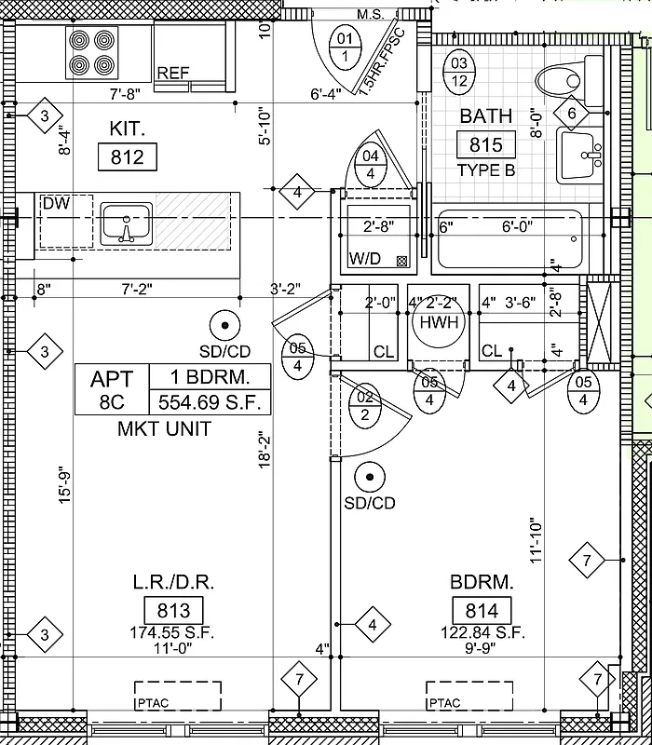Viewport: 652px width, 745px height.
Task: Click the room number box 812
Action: [127, 157]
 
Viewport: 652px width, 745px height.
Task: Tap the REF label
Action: [174, 74]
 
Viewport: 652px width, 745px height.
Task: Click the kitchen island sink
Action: [129, 224]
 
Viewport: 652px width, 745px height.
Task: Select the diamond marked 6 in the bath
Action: [572, 114]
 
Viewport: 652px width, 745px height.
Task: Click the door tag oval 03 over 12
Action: [458, 73]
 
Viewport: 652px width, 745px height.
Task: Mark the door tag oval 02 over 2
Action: [365, 407]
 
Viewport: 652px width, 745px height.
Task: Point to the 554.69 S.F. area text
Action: [211, 403]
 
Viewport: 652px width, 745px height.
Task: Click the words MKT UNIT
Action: [164, 429]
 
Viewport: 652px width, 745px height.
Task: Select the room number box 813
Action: [173, 611]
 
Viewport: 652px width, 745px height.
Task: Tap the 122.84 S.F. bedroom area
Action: [482, 632]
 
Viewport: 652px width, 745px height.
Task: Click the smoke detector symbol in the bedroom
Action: [370, 477]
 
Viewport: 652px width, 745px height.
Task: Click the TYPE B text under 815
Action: [485, 170]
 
